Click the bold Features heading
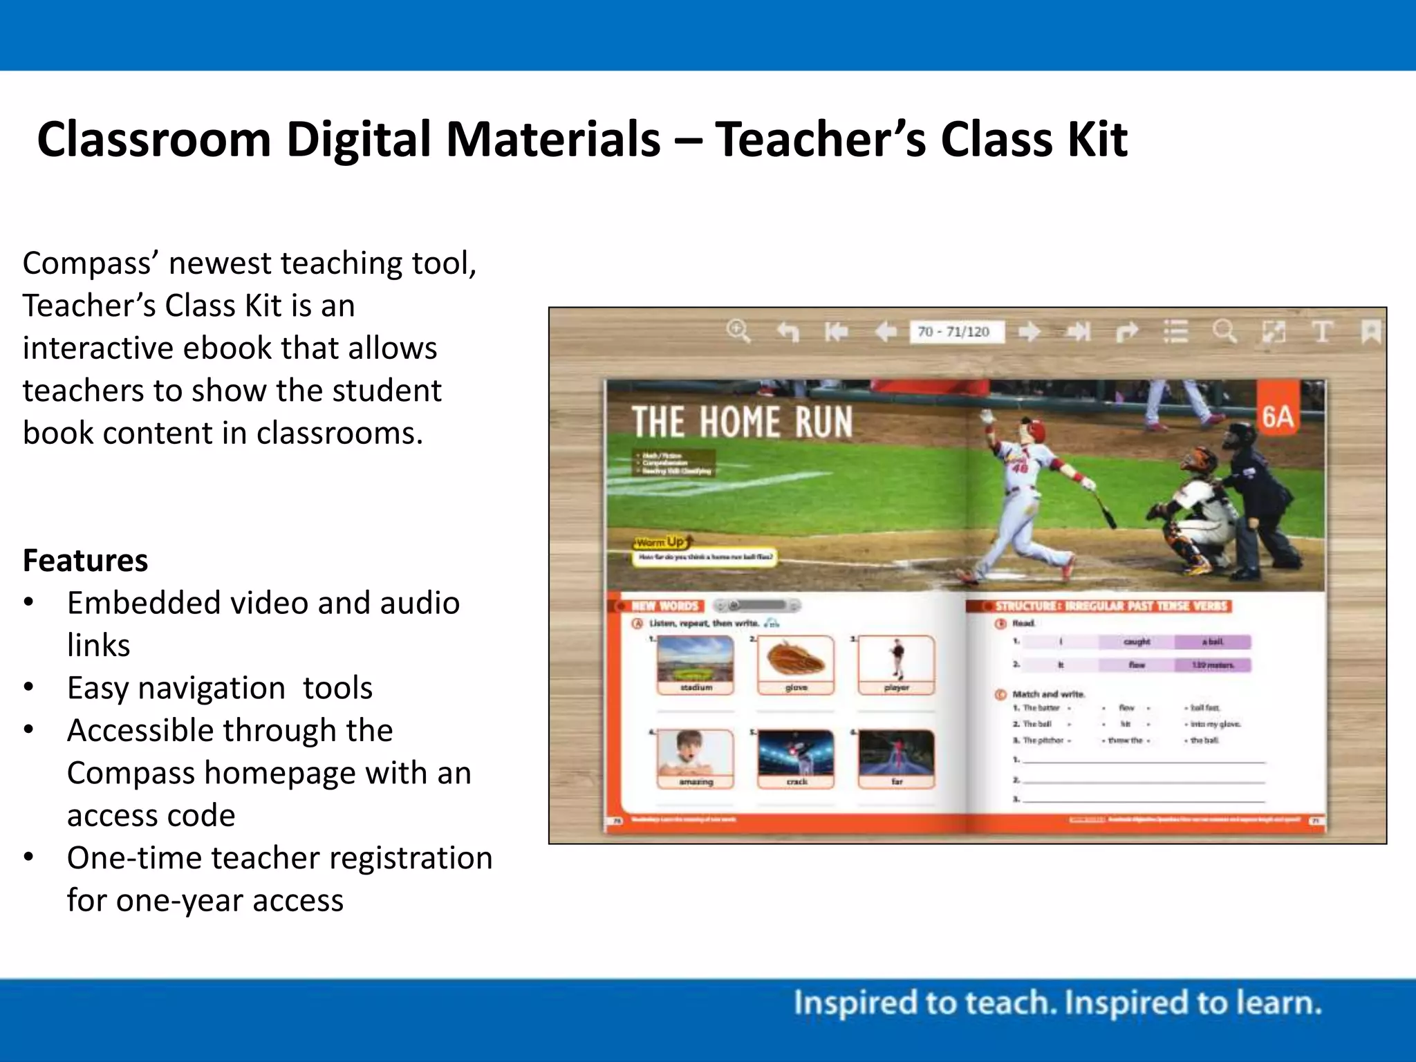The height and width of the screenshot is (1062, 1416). pyautogui.click(x=85, y=560)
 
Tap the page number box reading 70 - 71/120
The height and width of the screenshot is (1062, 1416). pyautogui.click(x=954, y=332)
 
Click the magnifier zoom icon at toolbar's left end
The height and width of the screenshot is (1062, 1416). pyautogui.click(x=738, y=331)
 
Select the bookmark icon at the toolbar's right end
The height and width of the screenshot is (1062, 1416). pyautogui.click(x=1370, y=331)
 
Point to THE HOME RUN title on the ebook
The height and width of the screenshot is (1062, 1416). pyautogui.click(x=742, y=422)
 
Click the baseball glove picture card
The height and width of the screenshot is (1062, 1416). pyautogui.click(x=796, y=664)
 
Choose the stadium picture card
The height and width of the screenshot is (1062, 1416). pyautogui.click(x=696, y=664)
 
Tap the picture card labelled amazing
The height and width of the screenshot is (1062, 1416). pyautogui.click(x=696, y=758)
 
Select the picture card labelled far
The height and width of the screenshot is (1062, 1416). pyautogui.click(x=896, y=758)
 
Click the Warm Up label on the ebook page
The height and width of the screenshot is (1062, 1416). pyautogui.click(x=661, y=542)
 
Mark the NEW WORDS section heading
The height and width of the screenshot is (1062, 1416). pyautogui.click(x=665, y=606)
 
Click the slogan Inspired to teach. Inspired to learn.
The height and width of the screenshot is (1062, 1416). pyautogui.click(x=1057, y=1003)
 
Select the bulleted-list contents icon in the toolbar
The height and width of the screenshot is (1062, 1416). pyautogui.click(x=1175, y=331)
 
